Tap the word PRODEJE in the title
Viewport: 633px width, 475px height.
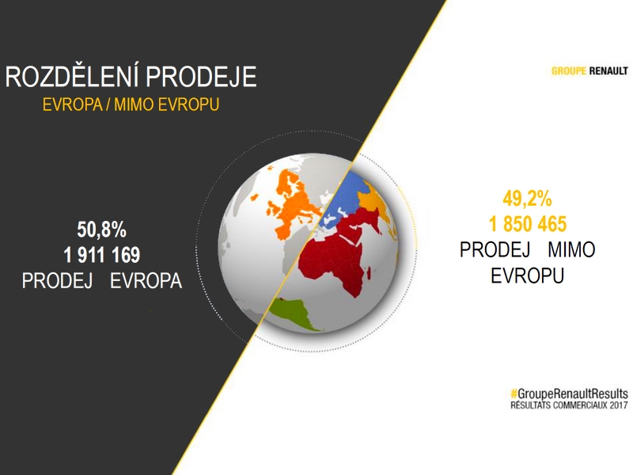tap(201, 77)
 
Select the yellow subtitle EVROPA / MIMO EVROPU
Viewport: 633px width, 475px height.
tap(131, 104)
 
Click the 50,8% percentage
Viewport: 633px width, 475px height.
tap(102, 230)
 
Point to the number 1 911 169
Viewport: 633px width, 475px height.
tap(102, 255)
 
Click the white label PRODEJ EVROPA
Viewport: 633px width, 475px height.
tap(102, 281)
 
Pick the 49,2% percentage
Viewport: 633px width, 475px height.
tap(527, 199)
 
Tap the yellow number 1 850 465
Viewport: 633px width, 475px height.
tap(528, 224)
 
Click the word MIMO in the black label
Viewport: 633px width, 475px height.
tap(571, 249)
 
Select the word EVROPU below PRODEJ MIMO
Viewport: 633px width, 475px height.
tap(527, 275)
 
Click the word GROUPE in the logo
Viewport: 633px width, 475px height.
tap(568, 71)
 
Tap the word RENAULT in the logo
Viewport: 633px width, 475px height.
tap(608, 71)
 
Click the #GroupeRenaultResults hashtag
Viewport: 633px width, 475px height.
tap(569, 393)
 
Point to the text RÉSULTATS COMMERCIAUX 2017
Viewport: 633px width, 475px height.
tap(569, 405)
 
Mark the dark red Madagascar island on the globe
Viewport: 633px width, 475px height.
tap(369, 273)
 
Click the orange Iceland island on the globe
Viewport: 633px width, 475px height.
tap(254, 197)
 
